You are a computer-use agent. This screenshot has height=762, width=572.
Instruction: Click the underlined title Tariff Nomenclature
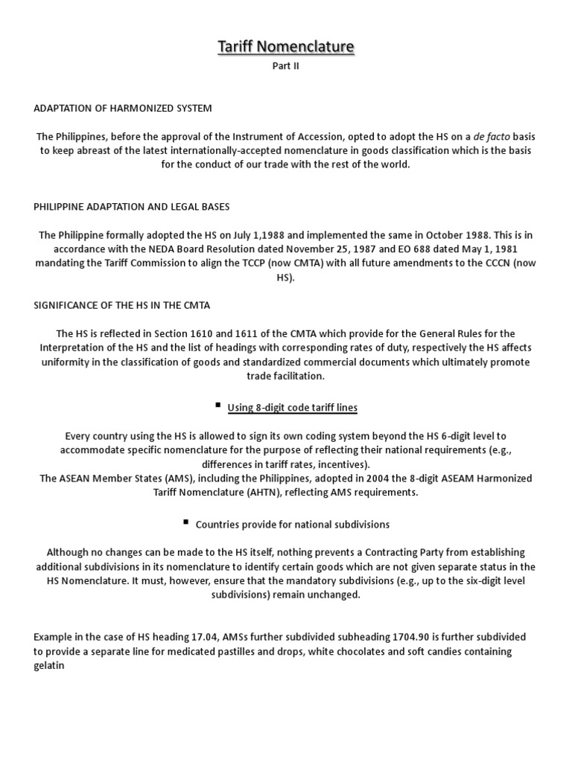coord(286,48)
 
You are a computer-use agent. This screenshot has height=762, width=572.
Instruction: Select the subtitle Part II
coord(286,65)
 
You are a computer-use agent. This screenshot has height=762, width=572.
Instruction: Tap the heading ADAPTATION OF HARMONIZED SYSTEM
coord(123,108)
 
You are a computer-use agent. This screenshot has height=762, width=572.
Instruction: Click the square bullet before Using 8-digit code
coord(217,405)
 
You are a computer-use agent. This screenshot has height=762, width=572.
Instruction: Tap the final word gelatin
coord(49,665)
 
